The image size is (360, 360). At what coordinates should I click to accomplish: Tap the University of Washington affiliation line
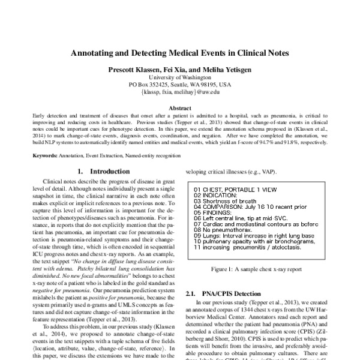180,77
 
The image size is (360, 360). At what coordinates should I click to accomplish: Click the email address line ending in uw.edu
180,93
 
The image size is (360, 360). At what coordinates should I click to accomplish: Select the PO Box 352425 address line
180,85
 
